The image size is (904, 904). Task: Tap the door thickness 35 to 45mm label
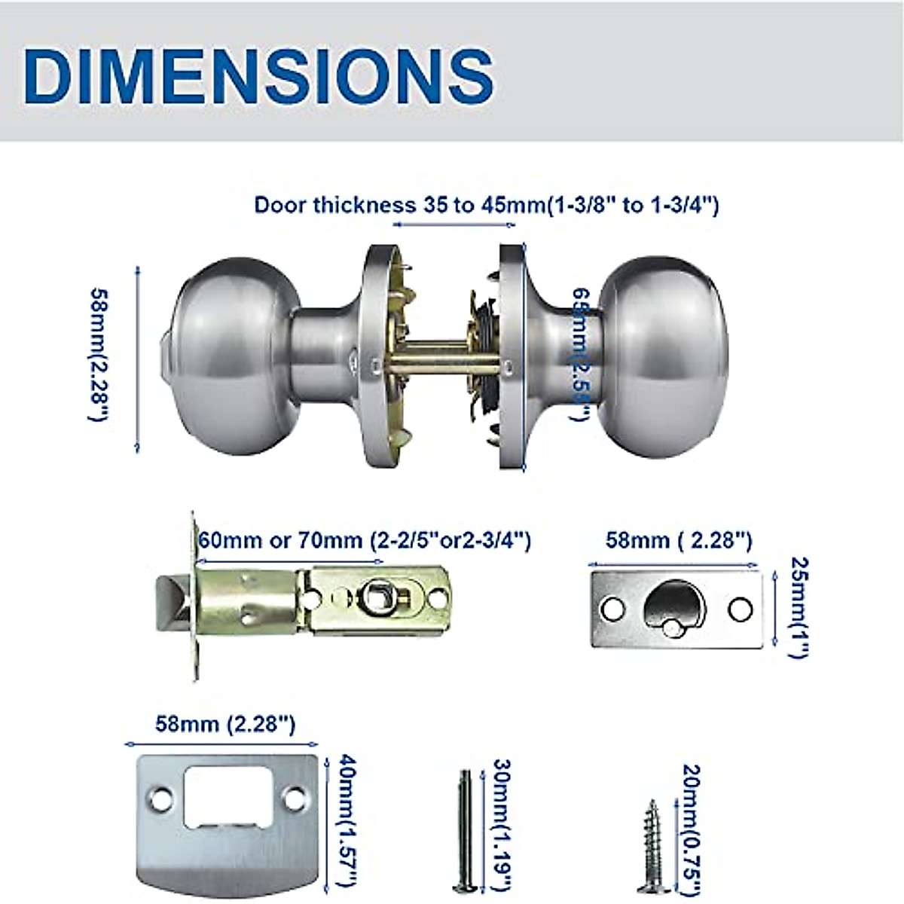coord(486,205)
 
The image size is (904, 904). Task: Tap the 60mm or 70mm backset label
coord(365,540)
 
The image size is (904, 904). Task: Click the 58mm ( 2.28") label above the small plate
coord(678,540)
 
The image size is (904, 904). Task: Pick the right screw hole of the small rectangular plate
coord(740,608)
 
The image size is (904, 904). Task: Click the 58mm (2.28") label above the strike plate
coord(225,725)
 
